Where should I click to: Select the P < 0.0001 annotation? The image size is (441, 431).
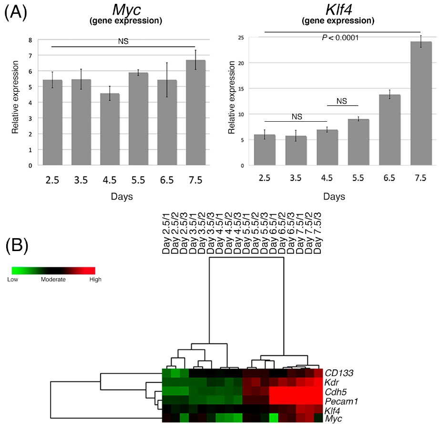click(x=341, y=38)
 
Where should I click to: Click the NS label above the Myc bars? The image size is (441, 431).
click(x=123, y=41)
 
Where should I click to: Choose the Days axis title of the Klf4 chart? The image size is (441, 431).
click(x=333, y=196)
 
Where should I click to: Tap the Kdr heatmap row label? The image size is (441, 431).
click(x=332, y=382)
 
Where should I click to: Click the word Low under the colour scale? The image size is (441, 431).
click(x=13, y=280)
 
